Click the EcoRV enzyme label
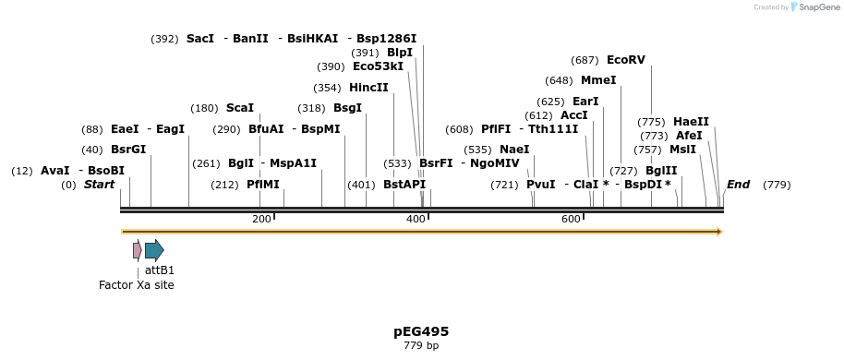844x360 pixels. tap(625, 60)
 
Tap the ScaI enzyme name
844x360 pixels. tap(239, 108)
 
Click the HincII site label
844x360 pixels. tap(368, 88)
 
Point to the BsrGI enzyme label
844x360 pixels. tap(128, 150)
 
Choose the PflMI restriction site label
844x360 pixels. tap(262, 185)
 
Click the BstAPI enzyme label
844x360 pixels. tap(404, 185)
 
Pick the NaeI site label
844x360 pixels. tap(514, 150)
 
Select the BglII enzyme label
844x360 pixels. tap(660, 171)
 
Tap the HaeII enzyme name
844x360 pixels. tap(691, 122)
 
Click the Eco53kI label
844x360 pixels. tap(378, 66)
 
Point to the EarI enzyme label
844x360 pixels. tap(585, 102)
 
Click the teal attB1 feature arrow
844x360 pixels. tap(154, 250)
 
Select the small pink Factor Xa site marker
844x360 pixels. tap(137, 250)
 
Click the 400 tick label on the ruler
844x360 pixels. tap(416, 219)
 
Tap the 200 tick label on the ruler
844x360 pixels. tap(261, 219)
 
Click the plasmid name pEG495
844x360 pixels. tap(421, 331)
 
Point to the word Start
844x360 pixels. tap(99, 185)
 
